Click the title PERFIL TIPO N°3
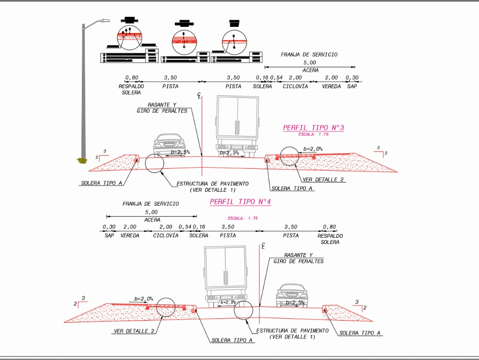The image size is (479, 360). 314,128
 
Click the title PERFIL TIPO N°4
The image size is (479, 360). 240,202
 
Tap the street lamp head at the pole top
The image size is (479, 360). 104,21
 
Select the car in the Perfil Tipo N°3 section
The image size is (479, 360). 169,143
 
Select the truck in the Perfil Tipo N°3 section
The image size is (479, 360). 237,125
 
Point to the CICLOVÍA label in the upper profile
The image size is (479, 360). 295,86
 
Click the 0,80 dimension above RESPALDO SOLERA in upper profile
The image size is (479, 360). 132,78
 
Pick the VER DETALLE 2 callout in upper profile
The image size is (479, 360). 323,179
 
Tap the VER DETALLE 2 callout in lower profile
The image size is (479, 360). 134,331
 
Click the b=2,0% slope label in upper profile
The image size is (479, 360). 313,149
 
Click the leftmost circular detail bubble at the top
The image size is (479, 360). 130,37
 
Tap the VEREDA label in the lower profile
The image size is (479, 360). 130,235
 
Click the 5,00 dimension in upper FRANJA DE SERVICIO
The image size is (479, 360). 309,63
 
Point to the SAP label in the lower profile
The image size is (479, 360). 109,235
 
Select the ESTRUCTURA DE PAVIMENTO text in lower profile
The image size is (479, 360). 292,334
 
